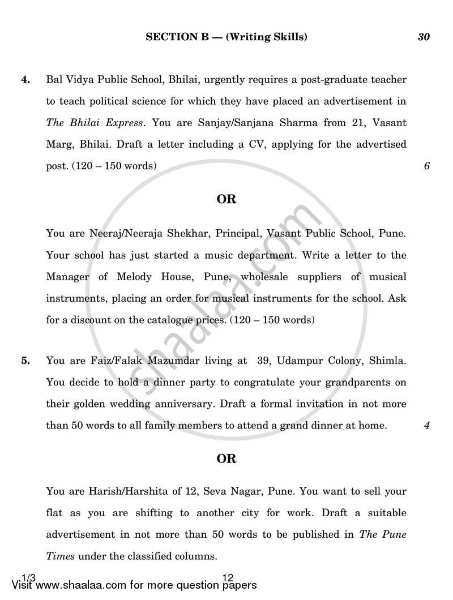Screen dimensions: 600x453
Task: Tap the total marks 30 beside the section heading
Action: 424,37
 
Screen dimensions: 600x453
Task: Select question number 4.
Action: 25,80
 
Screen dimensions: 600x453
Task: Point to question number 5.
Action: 25,361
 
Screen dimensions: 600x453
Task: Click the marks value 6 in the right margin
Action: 426,166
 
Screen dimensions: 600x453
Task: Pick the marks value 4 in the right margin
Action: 426,425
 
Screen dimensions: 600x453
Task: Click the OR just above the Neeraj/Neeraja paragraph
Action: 226,199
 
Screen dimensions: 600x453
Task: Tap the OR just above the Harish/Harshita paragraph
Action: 226,458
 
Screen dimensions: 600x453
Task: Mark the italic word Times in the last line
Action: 61,556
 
